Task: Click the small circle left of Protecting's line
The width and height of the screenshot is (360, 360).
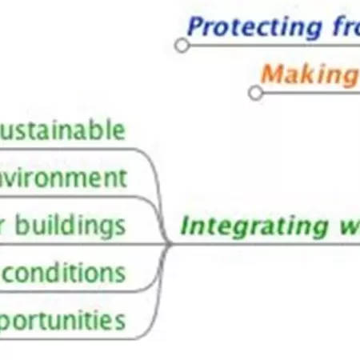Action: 182,46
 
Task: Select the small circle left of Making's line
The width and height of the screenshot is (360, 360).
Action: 255,93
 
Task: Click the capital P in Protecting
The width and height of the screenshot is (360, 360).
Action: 194,27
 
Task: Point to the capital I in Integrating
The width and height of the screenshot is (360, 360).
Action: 185,226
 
